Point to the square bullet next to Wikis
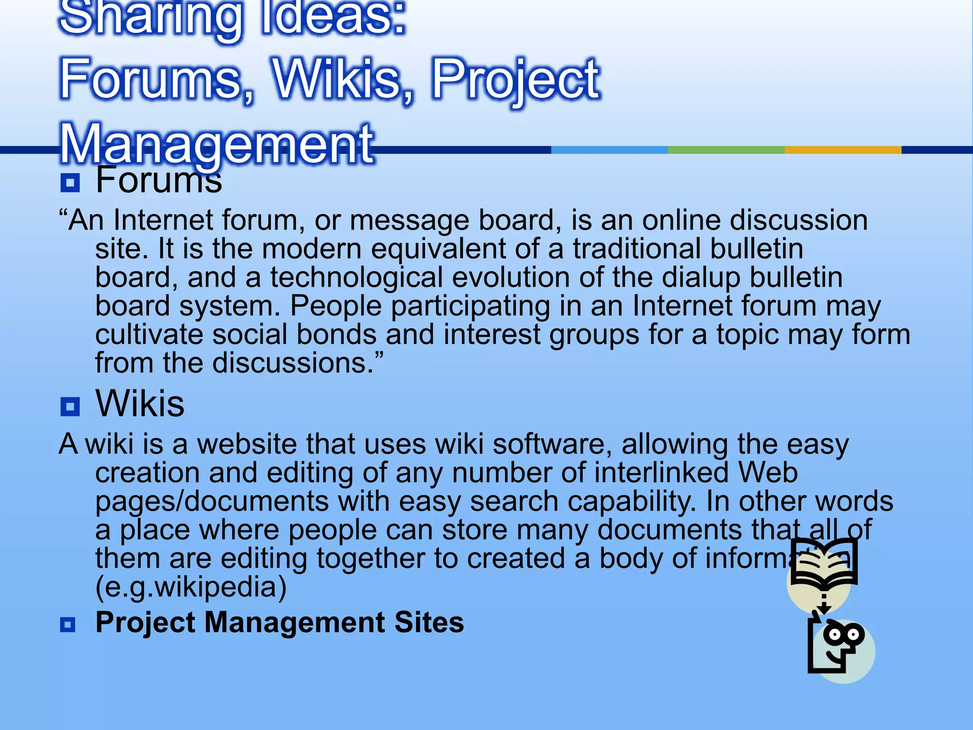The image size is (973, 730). (70, 407)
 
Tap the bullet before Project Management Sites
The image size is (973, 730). (68, 624)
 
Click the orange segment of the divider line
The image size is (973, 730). (842, 150)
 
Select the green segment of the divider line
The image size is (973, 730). (726, 150)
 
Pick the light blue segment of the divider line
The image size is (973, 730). (609, 150)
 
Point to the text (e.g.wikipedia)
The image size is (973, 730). (191, 587)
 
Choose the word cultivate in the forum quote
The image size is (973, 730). (149, 335)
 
